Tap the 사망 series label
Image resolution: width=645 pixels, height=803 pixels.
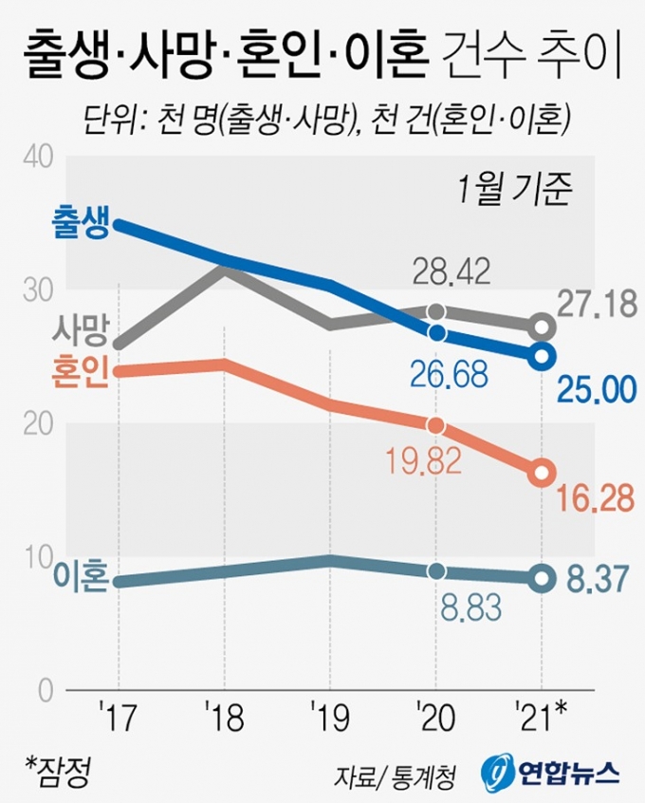(x=80, y=331)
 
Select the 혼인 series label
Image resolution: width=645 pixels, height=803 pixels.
(x=80, y=368)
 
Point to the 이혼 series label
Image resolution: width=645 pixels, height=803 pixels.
(x=80, y=577)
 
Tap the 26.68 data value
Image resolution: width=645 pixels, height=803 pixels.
(x=449, y=374)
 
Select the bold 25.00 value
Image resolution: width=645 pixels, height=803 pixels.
(x=595, y=389)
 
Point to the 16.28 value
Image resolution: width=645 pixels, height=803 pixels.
(x=595, y=498)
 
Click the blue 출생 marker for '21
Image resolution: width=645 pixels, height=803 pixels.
(x=542, y=356)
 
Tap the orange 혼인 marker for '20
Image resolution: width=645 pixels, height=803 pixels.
(x=435, y=425)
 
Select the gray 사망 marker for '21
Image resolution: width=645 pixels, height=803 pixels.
(x=542, y=327)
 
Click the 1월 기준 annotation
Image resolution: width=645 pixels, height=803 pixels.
(x=513, y=190)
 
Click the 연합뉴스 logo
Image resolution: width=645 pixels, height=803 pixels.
(x=550, y=772)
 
